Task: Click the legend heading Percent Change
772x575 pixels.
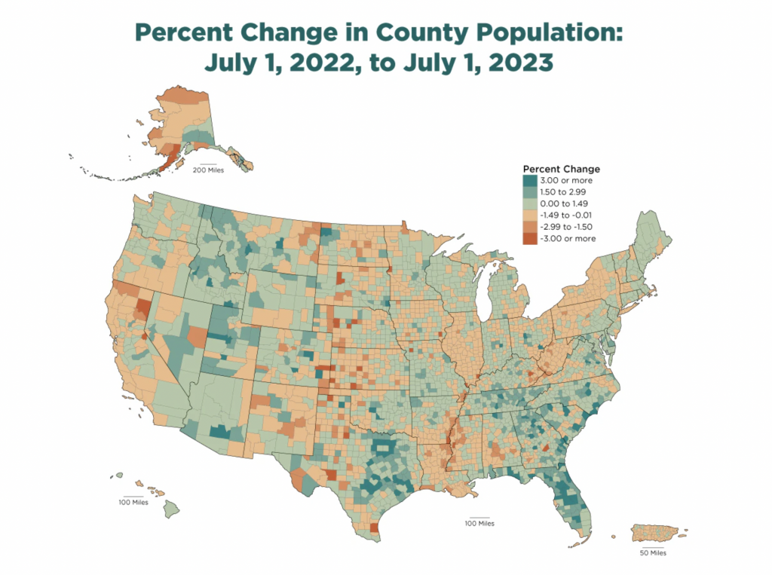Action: click(561, 170)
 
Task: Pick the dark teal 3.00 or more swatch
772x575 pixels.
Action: click(530, 181)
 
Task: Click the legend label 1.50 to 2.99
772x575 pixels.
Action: click(569, 192)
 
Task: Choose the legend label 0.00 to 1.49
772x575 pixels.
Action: click(569, 203)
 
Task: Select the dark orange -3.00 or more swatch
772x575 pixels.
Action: click(530, 238)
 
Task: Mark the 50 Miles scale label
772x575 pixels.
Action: click(653, 552)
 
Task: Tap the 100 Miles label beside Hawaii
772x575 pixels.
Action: click(133, 503)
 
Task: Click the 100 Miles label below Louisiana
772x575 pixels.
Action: click(479, 523)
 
